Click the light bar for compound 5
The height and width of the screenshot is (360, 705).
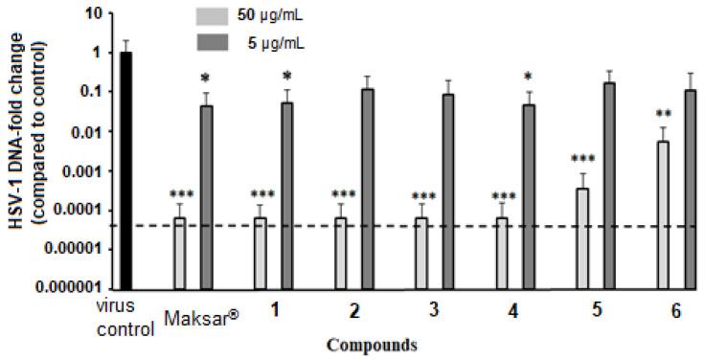click(581, 238)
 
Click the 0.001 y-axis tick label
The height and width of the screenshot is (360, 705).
click(82, 171)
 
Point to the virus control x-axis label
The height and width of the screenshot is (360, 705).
click(126, 320)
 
